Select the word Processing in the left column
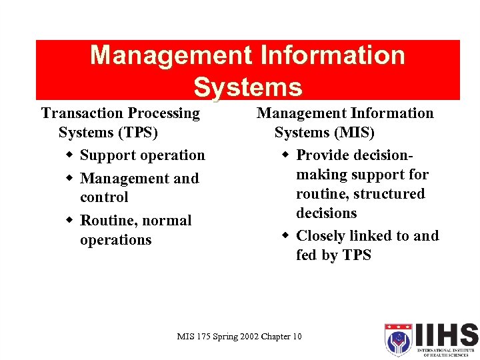point(163,113)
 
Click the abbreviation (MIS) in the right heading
point(353,133)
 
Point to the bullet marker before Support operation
point(70,155)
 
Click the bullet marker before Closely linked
point(286,236)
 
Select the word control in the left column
point(104,197)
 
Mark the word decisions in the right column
point(327,213)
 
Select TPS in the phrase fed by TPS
point(357,255)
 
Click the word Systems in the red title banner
point(247,87)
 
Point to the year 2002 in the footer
point(244,337)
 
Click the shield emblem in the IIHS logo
point(397,341)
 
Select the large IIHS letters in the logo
point(445,335)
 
